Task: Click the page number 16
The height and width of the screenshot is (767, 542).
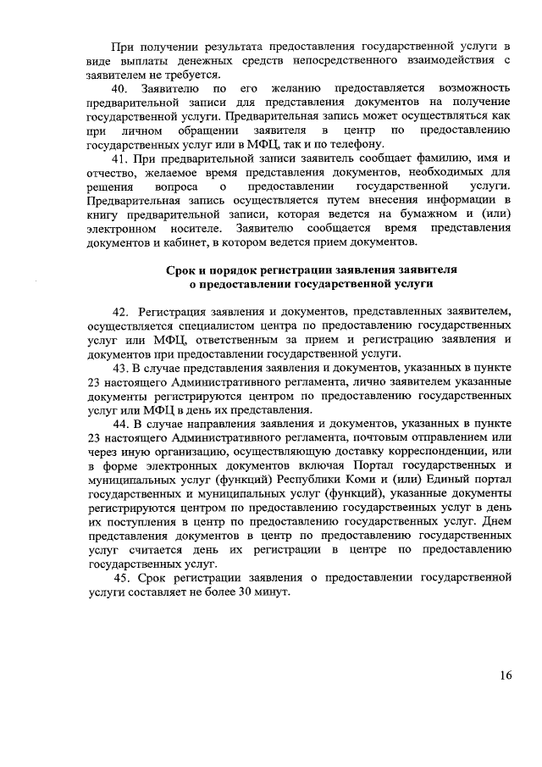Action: (x=505, y=675)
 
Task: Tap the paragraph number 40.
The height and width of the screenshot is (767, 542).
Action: (x=123, y=89)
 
